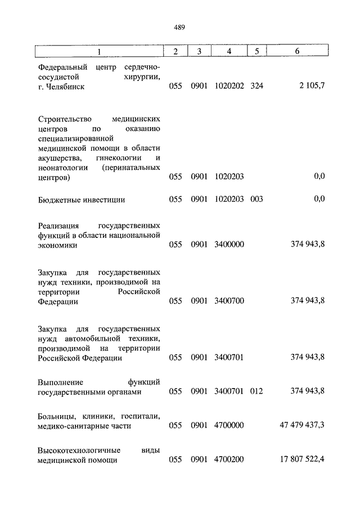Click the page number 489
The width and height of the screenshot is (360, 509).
tap(179, 27)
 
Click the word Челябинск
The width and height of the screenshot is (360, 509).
tap(66, 87)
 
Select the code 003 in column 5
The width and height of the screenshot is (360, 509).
tap(256, 199)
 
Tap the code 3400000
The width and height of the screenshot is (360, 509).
tap(229, 245)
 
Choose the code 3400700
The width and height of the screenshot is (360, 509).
tap(229, 301)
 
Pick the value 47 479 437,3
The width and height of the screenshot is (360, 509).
tap(302, 425)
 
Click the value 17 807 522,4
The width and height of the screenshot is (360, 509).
tap(302, 460)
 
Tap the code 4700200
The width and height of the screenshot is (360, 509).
tap(229, 460)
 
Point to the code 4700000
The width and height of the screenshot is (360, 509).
tap(229, 425)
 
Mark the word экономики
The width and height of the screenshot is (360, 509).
tap(58, 245)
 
